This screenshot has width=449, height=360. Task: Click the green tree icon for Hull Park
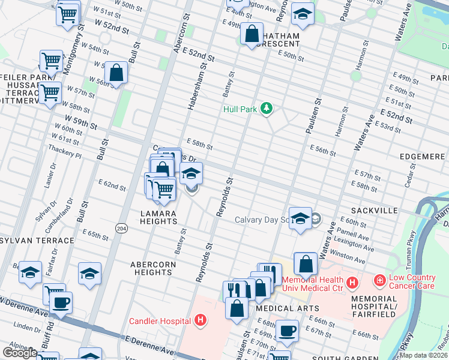coord(267,108)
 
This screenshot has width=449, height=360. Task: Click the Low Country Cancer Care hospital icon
coord(379,280)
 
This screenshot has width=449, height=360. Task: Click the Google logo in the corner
coord(20,353)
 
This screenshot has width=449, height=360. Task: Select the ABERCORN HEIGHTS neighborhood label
coord(153,268)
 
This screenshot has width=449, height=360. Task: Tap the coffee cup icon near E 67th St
coord(287,330)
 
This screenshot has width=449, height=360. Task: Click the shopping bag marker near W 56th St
coord(116,73)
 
